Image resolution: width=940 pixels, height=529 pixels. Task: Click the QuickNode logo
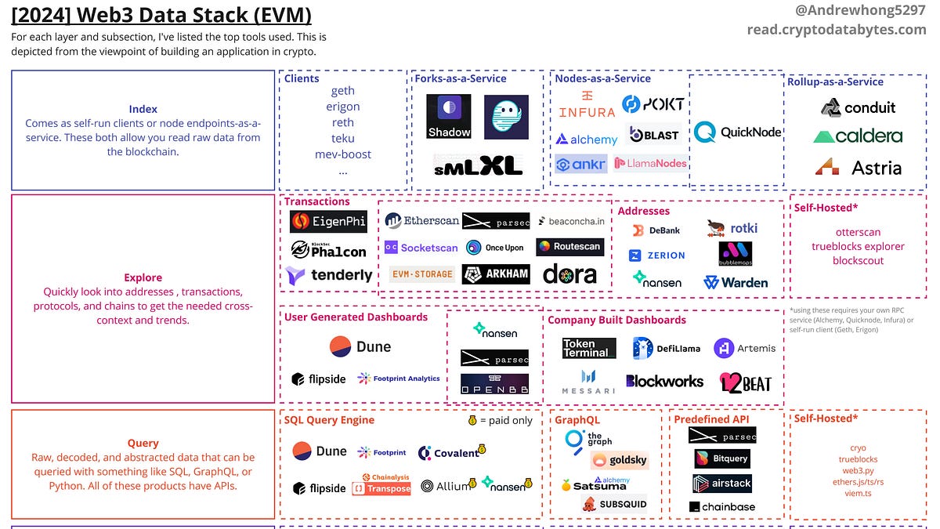pyautogui.click(x=737, y=132)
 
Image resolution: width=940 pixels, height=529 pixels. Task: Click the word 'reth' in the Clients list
pyautogui.click(x=342, y=122)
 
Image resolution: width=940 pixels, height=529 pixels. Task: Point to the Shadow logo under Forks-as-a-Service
pyautogui.click(x=449, y=117)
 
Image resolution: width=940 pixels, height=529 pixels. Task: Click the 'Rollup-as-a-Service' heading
pyautogui.click(x=835, y=82)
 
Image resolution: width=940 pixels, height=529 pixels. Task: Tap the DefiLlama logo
pyautogui.click(x=667, y=348)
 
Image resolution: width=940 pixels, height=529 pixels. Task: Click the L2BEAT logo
pyautogui.click(x=745, y=382)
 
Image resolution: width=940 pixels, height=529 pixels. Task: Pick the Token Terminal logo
pyautogui.click(x=589, y=348)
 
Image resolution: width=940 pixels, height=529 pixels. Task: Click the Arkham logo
pyautogui.click(x=496, y=274)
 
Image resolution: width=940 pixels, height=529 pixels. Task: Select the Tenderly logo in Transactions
pyautogui.click(x=329, y=275)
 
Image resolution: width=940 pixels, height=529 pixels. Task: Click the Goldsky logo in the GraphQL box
pyautogui.click(x=620, y=461)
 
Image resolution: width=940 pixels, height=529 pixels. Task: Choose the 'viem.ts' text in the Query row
pyautogui.click(x=858, y=494)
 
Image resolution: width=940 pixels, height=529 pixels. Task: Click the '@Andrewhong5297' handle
pyautogui.click(x=865, y=12)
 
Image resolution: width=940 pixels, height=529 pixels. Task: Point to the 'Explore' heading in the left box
pyautogui.click(x=143, y=277)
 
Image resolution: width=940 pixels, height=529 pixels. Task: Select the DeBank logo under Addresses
pyautogui.click(x=656, y=230)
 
